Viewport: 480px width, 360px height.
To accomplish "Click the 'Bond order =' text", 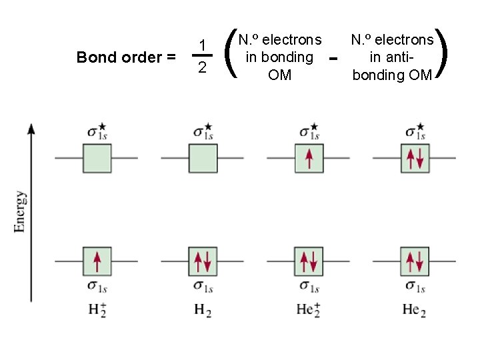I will [x=126, y=57].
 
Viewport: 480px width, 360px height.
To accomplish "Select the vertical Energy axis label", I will [x=21, y=211].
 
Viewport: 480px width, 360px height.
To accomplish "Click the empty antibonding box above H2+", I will [x=97, y=158].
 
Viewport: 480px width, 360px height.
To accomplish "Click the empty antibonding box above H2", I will [x=203, y=158].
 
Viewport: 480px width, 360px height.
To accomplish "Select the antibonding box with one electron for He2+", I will [x=309, y=158].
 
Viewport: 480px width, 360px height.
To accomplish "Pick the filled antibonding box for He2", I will [x=415, y=158].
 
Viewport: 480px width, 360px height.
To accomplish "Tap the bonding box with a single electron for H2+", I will [x=97, y=261].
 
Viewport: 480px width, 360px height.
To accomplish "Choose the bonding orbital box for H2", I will [x=203, y=261].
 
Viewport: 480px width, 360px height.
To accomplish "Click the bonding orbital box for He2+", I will [x=309, y=261].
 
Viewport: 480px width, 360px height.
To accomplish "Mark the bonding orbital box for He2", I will [x=415, y=261].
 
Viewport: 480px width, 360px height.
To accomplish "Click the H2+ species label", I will [x=97, y=309].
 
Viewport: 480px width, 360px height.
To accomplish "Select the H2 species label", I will [x=203, y=309].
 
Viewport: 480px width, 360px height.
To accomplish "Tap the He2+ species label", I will [x=309, y=309].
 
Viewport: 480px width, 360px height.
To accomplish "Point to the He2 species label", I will [x=415, y=309].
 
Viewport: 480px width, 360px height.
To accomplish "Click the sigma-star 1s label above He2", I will [x=415, y=131].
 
